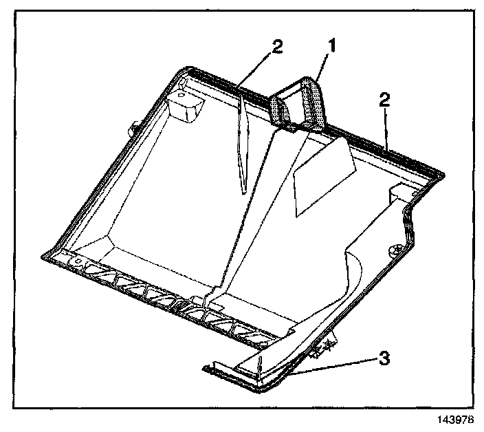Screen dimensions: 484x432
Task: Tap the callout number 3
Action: coord(386,358)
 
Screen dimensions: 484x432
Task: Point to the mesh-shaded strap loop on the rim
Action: coord(300,105)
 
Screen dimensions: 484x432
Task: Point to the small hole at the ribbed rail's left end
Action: coord(78,261)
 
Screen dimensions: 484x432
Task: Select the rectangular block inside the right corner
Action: coord(401,191)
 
